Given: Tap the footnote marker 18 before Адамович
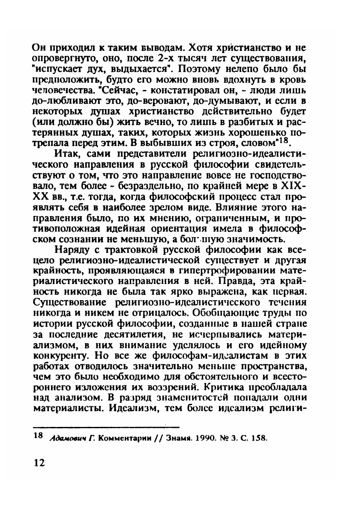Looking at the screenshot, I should click(38, 435).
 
